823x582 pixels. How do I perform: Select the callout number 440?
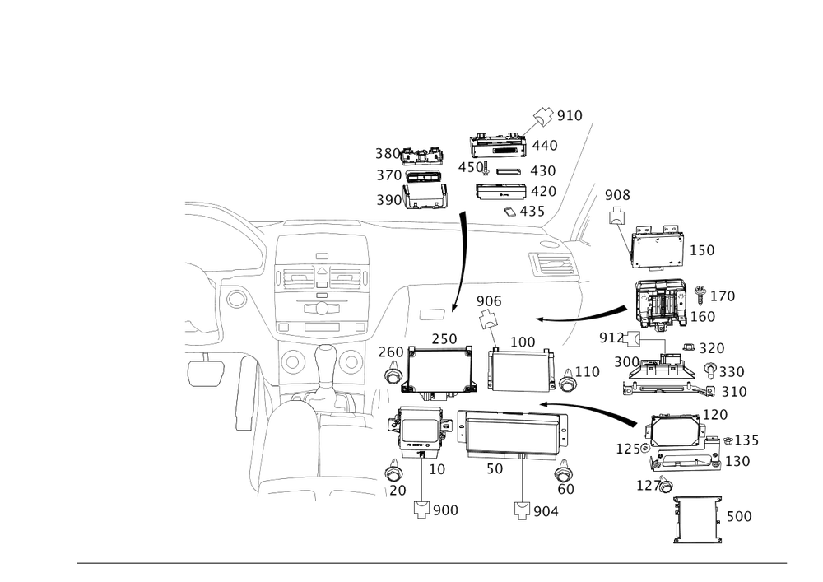545,146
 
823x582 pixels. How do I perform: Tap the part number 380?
387,154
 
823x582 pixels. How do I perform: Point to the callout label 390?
388,200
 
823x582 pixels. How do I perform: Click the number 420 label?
543,191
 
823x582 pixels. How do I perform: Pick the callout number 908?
617,195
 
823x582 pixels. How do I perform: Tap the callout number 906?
488,302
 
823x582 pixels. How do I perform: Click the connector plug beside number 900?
423,510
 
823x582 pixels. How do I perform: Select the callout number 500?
740,517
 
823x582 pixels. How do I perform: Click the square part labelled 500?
698,519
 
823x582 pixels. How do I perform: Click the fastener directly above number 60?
565,473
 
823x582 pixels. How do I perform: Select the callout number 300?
627,362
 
